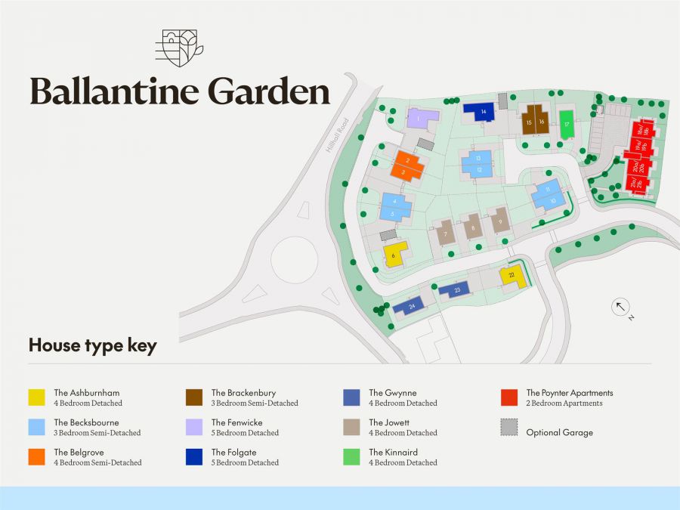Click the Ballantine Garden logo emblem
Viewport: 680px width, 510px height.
coord(179,48)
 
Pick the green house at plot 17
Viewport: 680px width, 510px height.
coord(566,125)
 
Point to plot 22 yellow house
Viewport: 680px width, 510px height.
coord(512,277)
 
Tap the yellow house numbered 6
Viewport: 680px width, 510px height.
coord(394,255)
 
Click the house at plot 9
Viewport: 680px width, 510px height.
coord(499,221)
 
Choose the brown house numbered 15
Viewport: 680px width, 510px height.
coord(529,121)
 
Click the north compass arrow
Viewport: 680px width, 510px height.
coord(620,306)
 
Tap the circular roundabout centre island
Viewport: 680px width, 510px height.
coord(294,260)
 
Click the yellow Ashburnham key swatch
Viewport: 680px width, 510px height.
coord(37,397)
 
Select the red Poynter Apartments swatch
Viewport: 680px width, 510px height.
coord(509,397)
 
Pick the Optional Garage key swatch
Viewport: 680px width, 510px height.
coord(509,427)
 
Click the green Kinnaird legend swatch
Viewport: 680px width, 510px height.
coord(351,457)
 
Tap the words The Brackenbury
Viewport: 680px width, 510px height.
coord(243,393)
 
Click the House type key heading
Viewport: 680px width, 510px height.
coord(92,346)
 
